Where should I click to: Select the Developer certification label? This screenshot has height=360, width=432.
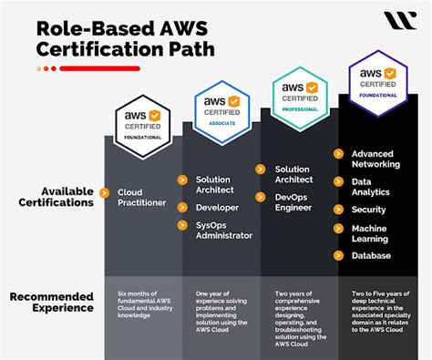tap(216, 207)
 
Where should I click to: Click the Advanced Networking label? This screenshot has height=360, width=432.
tap(375, 159)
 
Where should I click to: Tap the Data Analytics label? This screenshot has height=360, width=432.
tap(370, 186)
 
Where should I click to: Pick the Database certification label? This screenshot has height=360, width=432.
tap(372, 256)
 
